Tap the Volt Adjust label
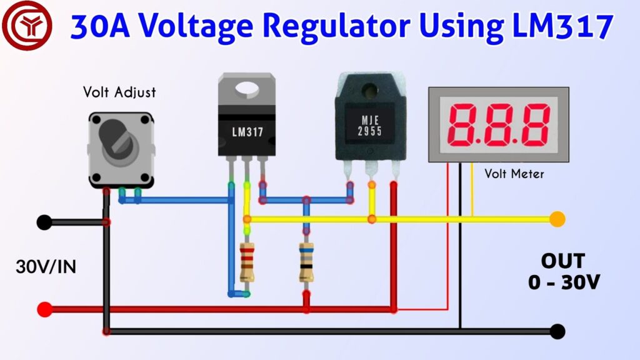pyautogui.click(x=119, y=92)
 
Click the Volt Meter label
pyautogui.click(x=514, y=174)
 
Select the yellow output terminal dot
pyautogui.click(x=557, y=219)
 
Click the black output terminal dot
pyautogui.click(x=557, y=331)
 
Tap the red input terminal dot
pyautogui.click(x=44, y=309)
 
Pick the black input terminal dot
pyautogui.click(x=44, y=222)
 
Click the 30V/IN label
pyautogui.click(x=46, y=267)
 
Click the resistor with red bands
pyautogui.click(x=247, y=262)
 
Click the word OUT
pyautogui.click(x=563, y=261)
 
